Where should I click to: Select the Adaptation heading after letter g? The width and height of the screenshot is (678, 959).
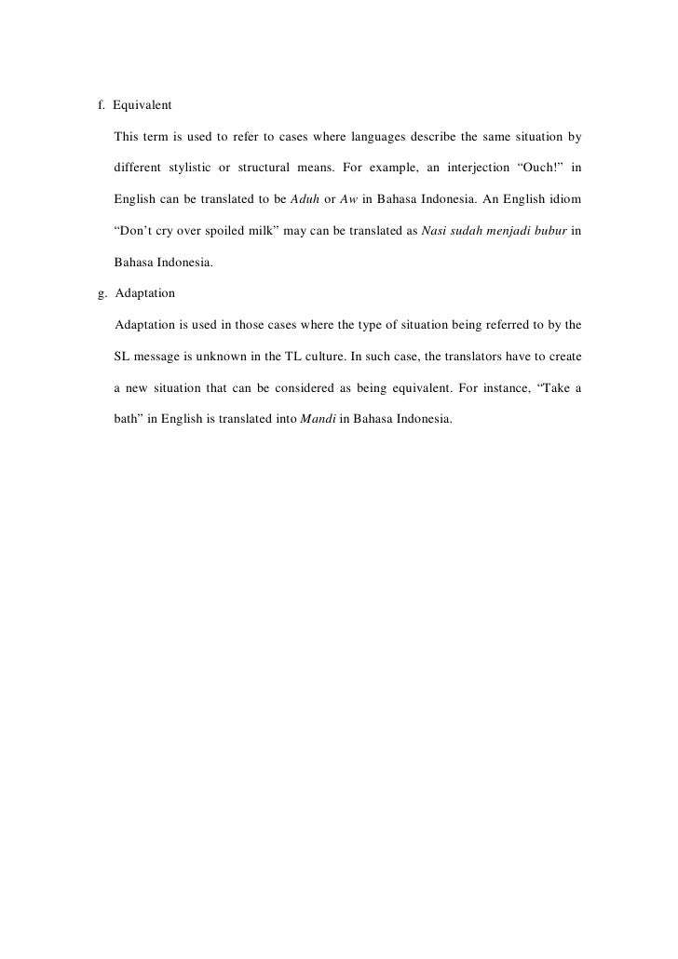tap(145, 293)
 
